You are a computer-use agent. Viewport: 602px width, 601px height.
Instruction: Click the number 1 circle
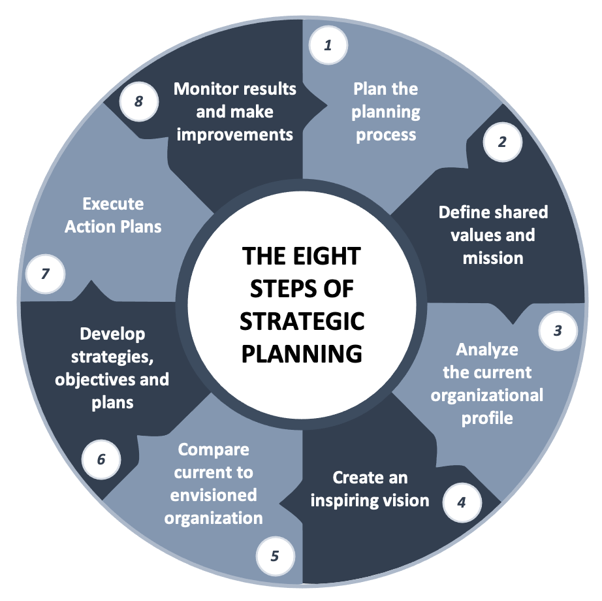coord(328,45)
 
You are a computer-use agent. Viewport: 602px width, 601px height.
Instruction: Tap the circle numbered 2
coord(502,142)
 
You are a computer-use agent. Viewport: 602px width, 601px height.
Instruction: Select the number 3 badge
coord(558,331)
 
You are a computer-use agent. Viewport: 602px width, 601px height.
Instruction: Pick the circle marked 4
coord(462,503)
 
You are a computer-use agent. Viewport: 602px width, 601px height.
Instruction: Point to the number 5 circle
coord(275,556)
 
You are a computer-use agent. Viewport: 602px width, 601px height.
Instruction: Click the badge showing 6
coord(101,459)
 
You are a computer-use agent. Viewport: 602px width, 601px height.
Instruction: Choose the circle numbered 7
coord(45,274)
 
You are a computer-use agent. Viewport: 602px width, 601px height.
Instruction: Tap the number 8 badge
coord(138,101)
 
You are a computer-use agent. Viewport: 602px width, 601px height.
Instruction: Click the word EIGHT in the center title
coord(323,255)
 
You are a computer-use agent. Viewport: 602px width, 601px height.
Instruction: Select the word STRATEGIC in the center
coord(302,321)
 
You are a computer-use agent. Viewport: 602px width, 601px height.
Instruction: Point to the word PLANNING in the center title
coord(302,353)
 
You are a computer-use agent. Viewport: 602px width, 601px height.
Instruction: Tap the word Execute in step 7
coord(113,204)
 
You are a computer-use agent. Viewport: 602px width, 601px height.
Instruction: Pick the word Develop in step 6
coord(112,334)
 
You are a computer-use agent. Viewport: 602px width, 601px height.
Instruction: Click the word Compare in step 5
coord(214,449)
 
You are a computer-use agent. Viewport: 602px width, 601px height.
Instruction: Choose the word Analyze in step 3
coord(487,349)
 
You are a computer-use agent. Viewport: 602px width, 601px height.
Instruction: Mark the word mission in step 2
coord(493,258)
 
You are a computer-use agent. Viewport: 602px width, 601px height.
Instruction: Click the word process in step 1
coord(386,135)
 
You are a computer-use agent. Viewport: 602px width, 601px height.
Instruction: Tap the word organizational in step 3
coord(487,395)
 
